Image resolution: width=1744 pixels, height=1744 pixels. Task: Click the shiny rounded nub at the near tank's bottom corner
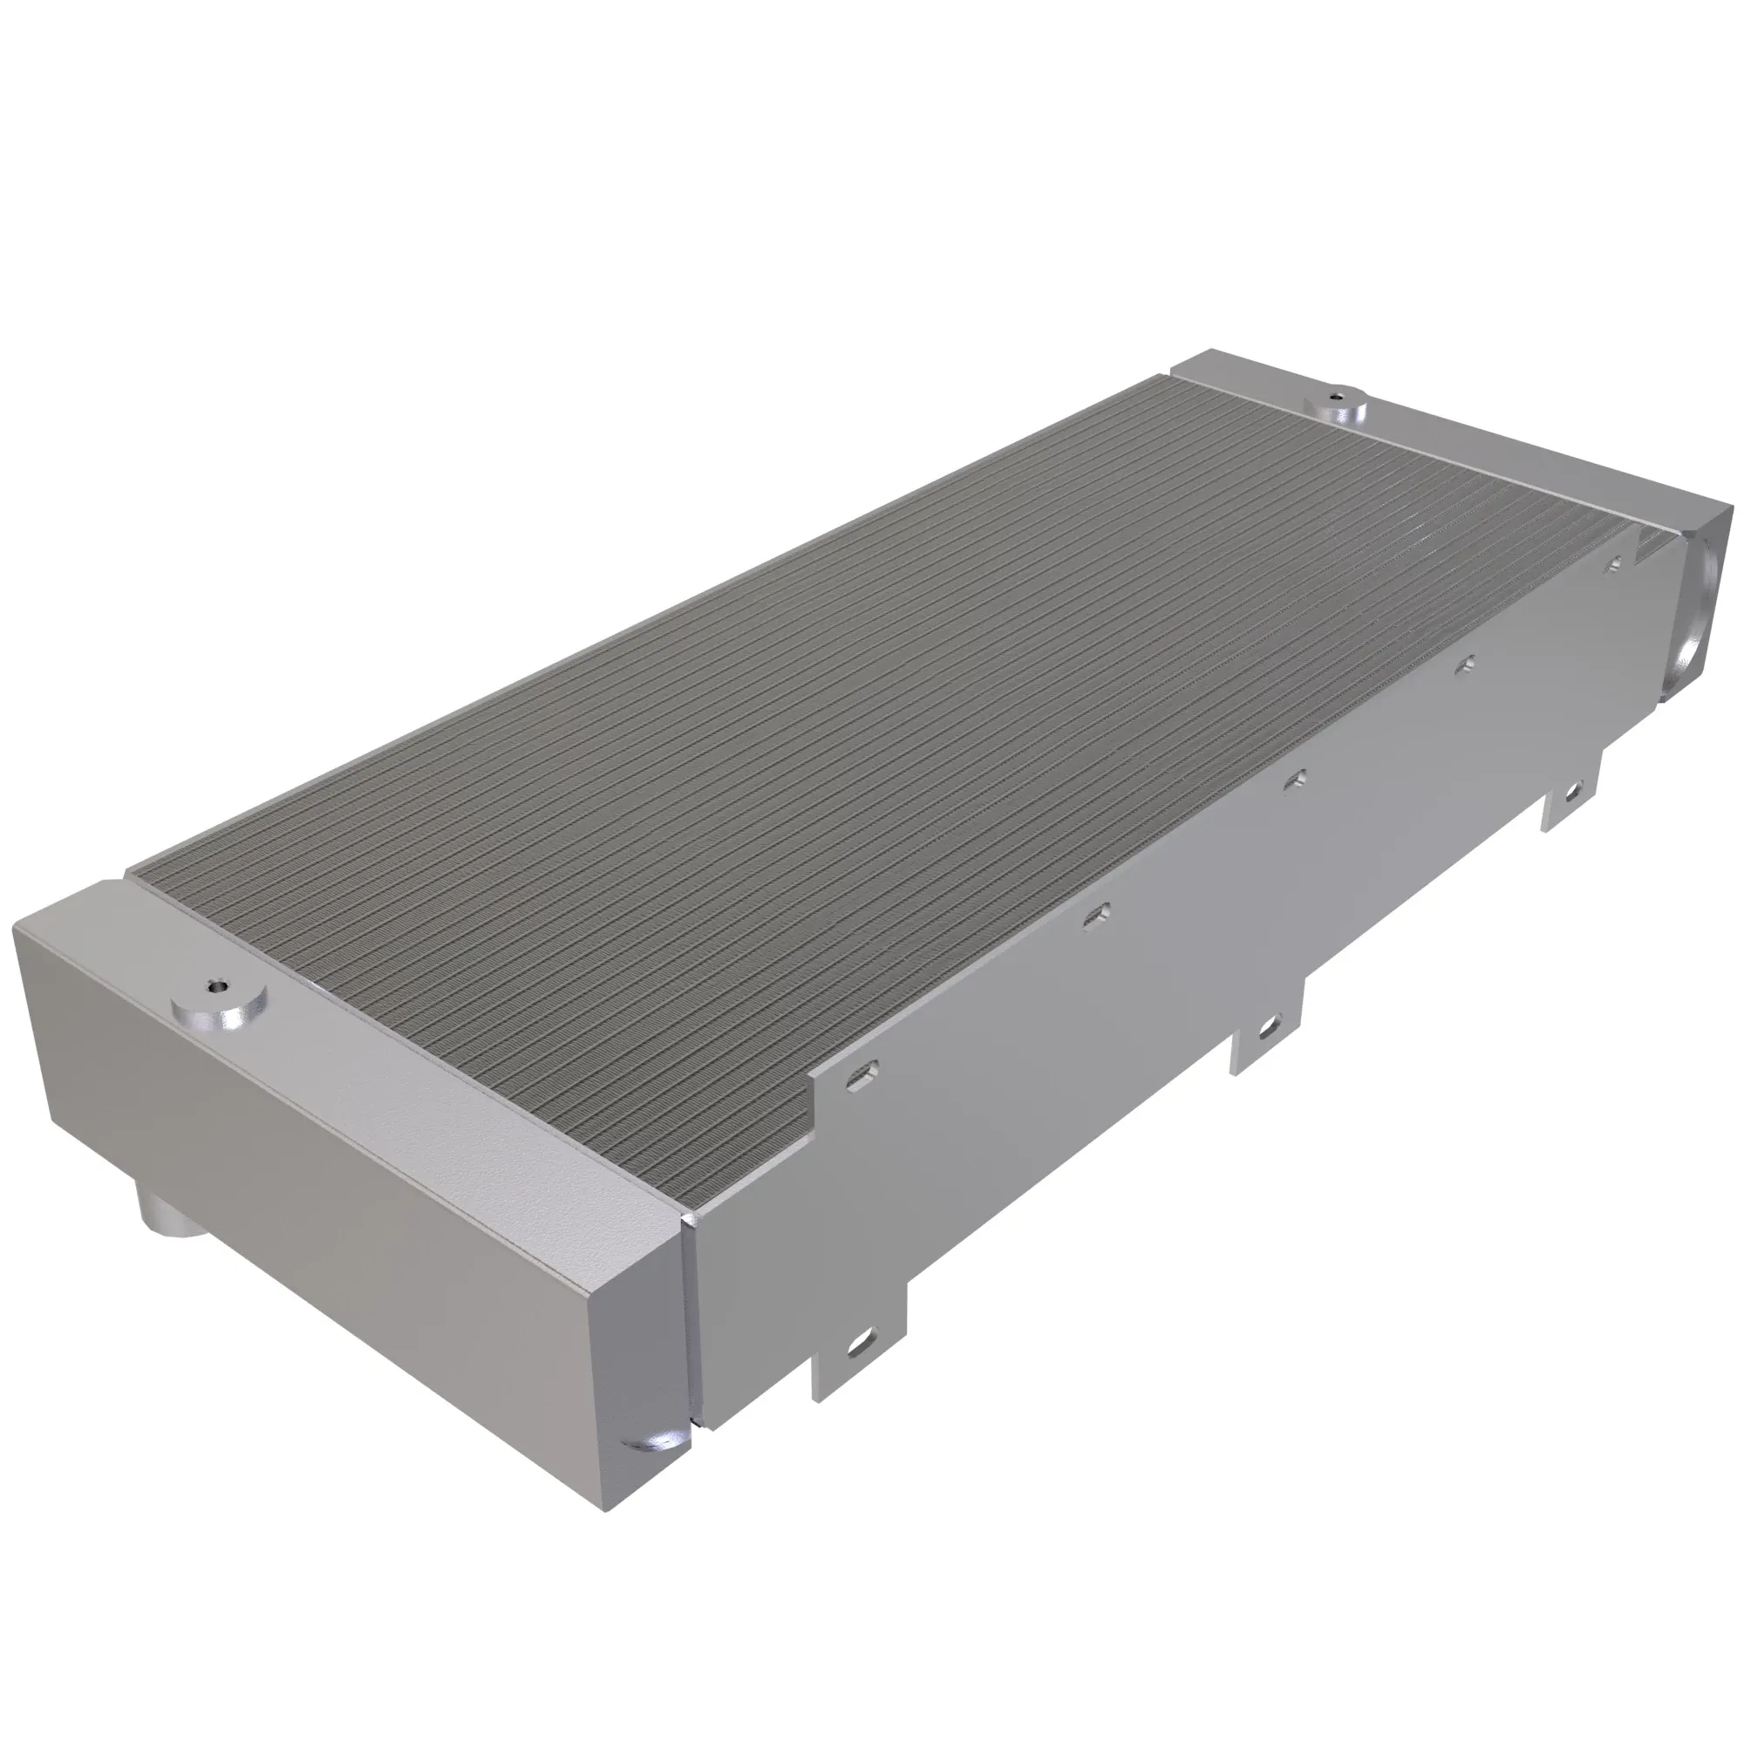(655, 1438)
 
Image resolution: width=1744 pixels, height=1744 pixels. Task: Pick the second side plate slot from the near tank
(1097, 916)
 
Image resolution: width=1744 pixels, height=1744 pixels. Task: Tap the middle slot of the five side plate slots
(1297, 778)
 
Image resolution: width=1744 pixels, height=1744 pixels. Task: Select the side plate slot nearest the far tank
(1615, 563)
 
